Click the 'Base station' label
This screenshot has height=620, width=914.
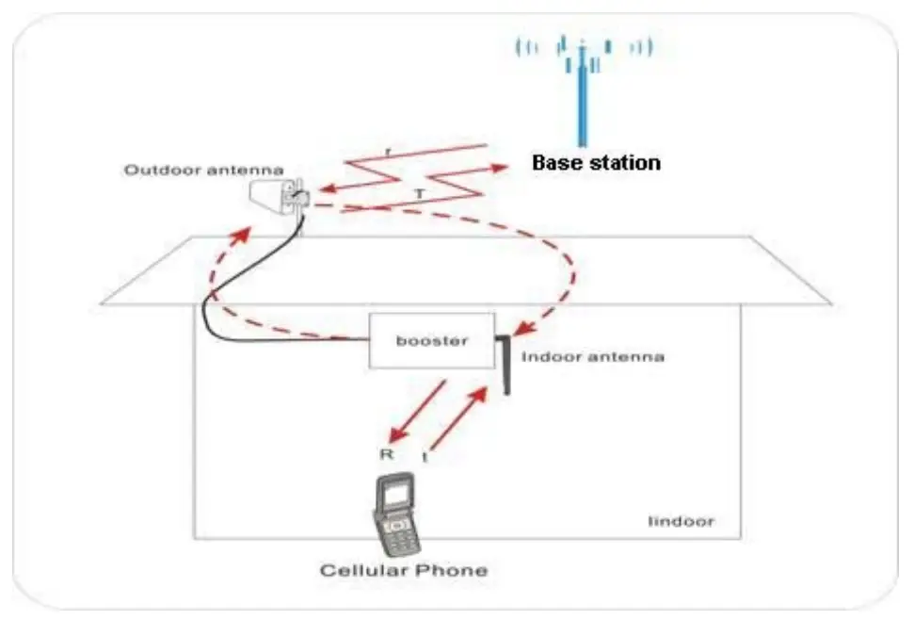[596, 162]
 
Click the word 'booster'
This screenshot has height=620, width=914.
[430, 340]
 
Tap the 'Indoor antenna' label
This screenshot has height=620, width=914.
[592, 357]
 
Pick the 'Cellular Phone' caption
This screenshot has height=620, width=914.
[404, 570]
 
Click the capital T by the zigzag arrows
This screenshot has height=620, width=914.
[420, 192]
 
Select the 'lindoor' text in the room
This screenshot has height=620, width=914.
[681, 521]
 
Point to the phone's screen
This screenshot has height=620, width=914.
[393, 493]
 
